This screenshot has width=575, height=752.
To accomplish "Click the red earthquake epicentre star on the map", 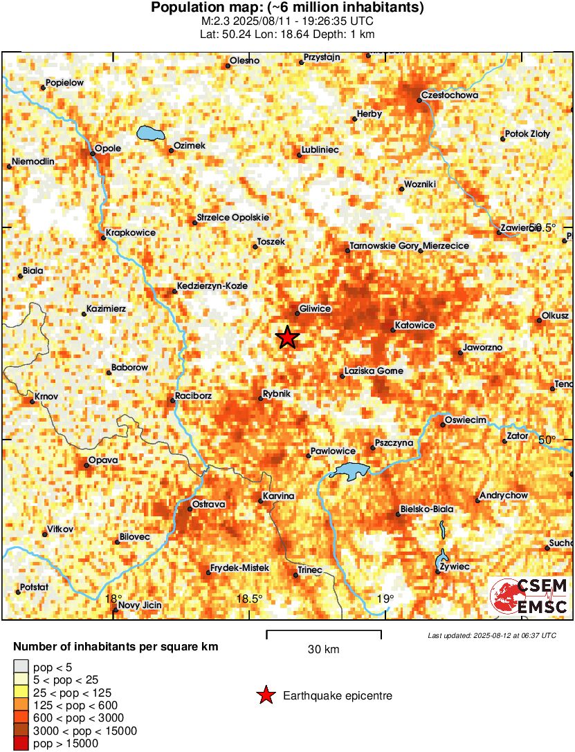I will (287, 337).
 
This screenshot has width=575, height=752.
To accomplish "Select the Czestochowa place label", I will (450, 95).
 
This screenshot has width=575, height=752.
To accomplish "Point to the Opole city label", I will (108, 148).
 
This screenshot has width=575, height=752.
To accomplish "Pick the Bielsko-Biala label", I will (427, 509).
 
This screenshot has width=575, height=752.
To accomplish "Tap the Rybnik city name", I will (278, 394).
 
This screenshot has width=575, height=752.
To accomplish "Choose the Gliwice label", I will (315, 309).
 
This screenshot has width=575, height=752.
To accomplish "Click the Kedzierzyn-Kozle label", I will (212, 285).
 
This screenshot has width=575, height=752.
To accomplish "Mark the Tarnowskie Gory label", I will (383, 246).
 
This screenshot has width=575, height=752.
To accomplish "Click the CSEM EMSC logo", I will (529, 596).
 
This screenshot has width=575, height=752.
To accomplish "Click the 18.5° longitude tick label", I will (249, 599).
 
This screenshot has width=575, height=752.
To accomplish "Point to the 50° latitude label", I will (547, 440).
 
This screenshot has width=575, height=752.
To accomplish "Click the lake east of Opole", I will (149, 133).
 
